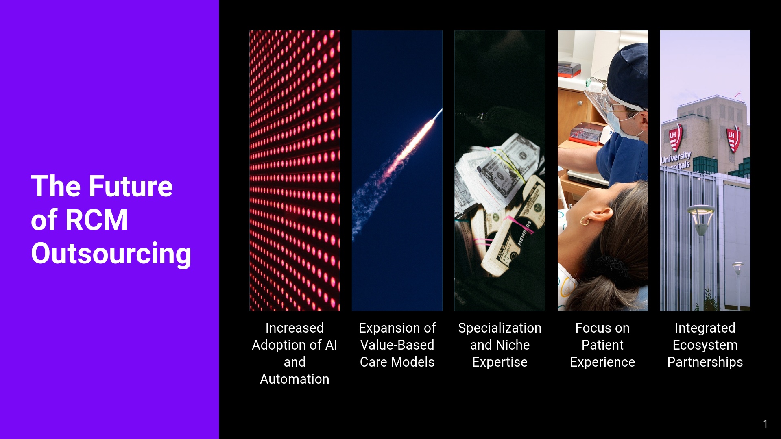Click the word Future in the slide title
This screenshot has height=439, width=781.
tap(131, 186)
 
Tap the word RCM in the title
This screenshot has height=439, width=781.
tap(96, 220)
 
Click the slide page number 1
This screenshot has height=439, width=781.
tap(765, 424)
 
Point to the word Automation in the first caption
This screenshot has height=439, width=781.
tap(295, 379)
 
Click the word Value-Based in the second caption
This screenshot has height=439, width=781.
tap(397, 345)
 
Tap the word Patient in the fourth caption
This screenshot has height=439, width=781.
tap(602, 345)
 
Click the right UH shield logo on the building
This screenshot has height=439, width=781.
tap(733, 139)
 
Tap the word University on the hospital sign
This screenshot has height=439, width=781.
tap(676, 157)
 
